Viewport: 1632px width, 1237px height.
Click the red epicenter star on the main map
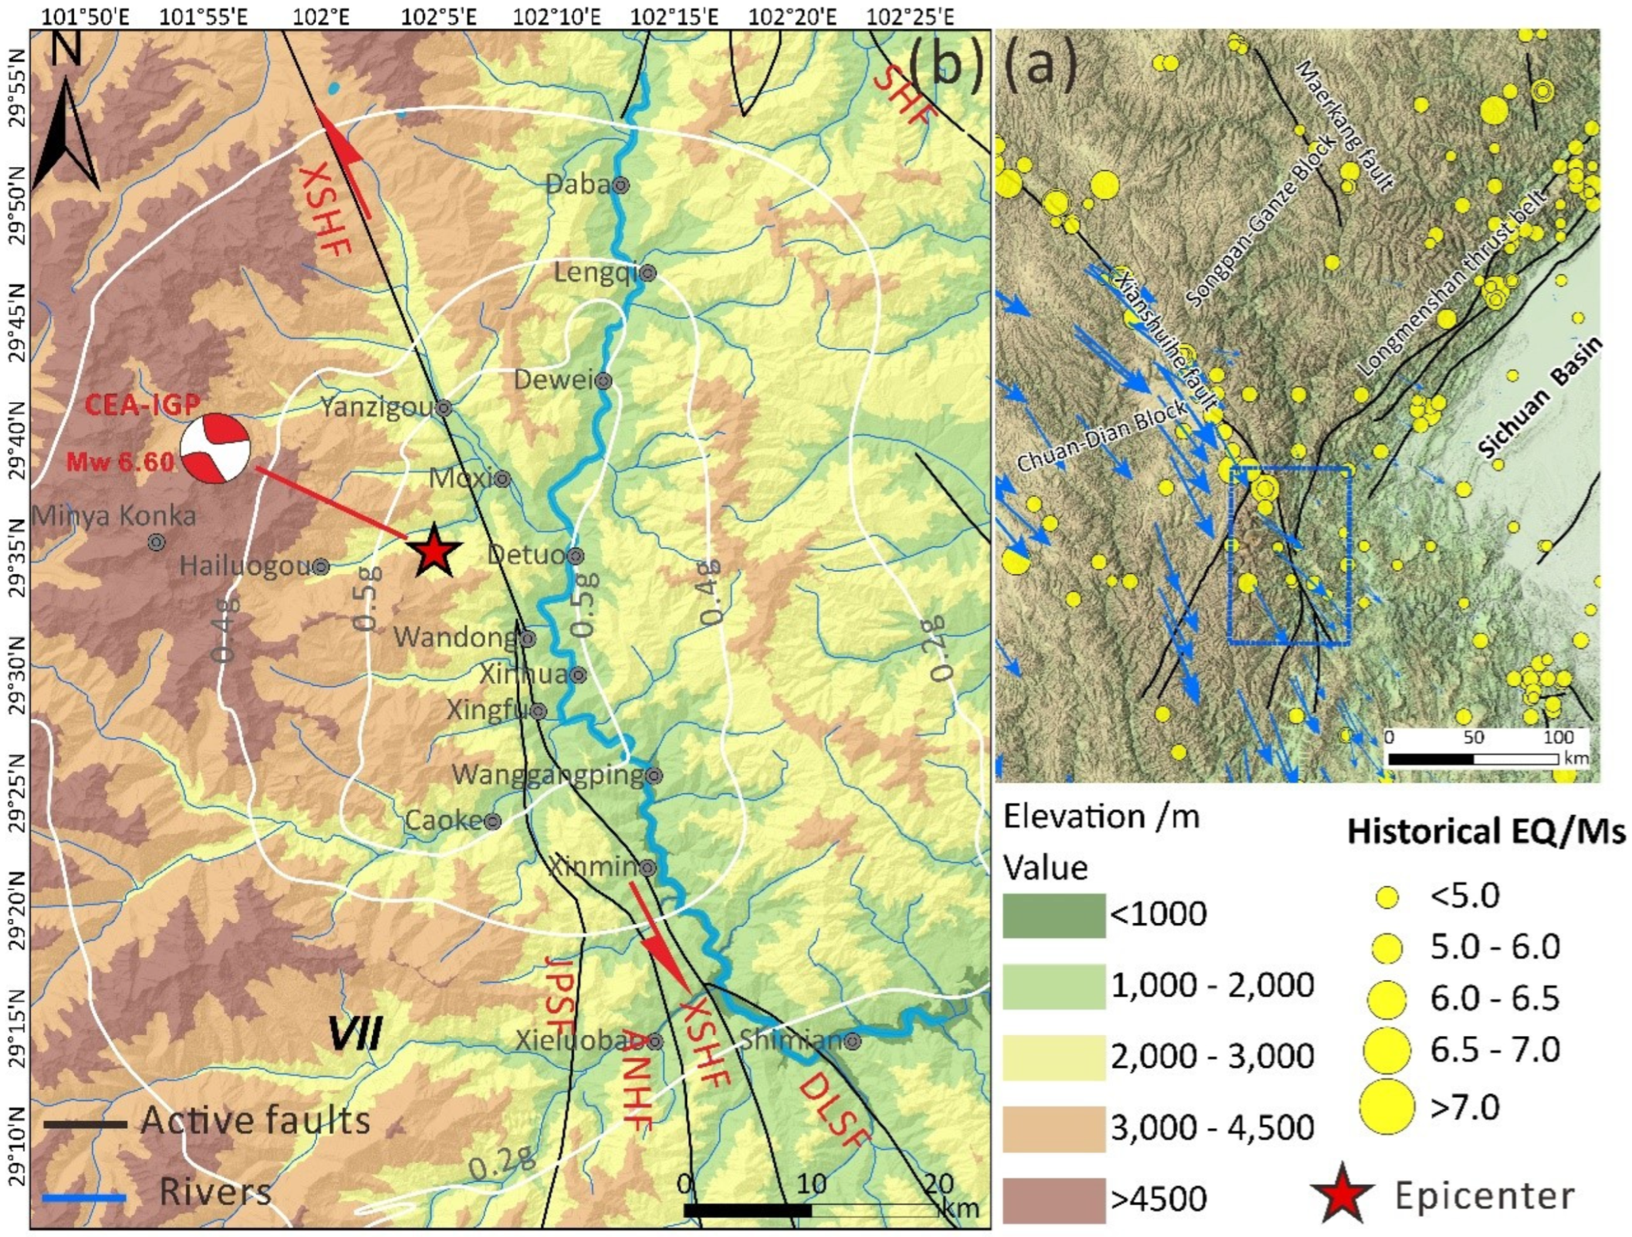point(434,551)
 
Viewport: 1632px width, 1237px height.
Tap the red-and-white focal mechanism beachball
point(215,449)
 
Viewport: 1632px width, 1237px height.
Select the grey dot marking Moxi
point(502,479)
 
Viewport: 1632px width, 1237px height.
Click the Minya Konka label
point(114,516)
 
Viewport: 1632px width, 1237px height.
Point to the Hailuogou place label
point(246,567)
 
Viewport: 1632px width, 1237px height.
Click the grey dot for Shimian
point(853,1042)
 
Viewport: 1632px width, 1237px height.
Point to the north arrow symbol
point(66,126)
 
